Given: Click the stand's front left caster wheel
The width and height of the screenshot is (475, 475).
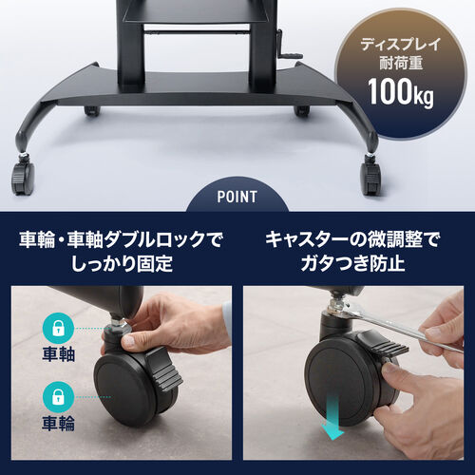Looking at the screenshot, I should pos(21,175).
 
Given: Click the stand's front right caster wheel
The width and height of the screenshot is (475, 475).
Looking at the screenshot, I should pos(370,176).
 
